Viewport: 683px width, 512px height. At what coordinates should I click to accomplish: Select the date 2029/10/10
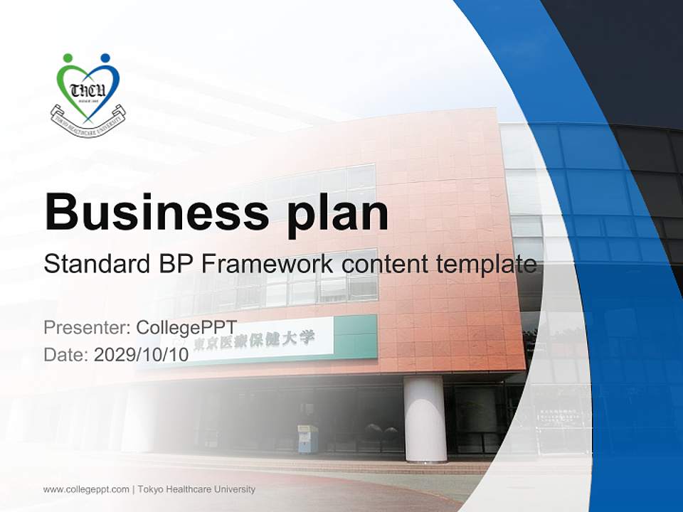click(141, 355)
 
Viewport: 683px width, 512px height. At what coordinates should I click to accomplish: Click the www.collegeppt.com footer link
click(86, 489)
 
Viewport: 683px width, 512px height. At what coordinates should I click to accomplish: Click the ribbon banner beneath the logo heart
click(88, 118)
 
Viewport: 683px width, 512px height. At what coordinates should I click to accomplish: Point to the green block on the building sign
click(355, 335)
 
